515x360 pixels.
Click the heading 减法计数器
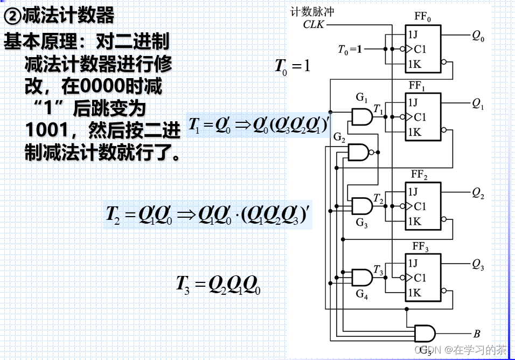tap(67, 16)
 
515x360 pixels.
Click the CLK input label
tap(314, 24)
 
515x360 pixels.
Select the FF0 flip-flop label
tap(422, 17)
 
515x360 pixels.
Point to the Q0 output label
tap(478, 37)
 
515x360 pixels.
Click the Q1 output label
tap(478, 104)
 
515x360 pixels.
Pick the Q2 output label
tap(478, 192)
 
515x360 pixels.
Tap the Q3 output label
tap(478, 264)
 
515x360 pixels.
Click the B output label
tap(477, 333)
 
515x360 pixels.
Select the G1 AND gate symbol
tap(361, 116)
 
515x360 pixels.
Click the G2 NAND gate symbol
tap(359, 152)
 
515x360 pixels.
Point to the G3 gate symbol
tap(361, 205)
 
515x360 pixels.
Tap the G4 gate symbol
tap(361, 277)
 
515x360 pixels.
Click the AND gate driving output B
tap(424, 333)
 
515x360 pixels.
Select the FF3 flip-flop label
tap(420, 248)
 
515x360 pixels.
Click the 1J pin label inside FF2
tap(413, 191)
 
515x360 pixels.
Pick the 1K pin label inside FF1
tap(414, 132)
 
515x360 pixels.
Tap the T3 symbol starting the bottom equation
tap(183, 283)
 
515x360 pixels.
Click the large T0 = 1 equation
tap(293, 67)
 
